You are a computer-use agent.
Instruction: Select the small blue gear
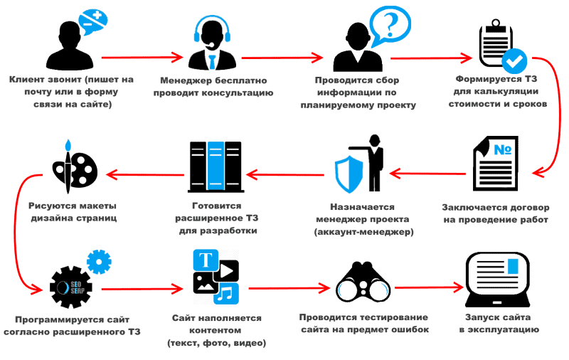pos(98,262)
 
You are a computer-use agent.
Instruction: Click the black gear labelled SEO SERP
pos(70,287)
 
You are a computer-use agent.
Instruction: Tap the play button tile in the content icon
pos(227,270)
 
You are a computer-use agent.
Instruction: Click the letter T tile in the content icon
pos(207,260)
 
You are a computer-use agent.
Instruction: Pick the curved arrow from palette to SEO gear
pos(21,228)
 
